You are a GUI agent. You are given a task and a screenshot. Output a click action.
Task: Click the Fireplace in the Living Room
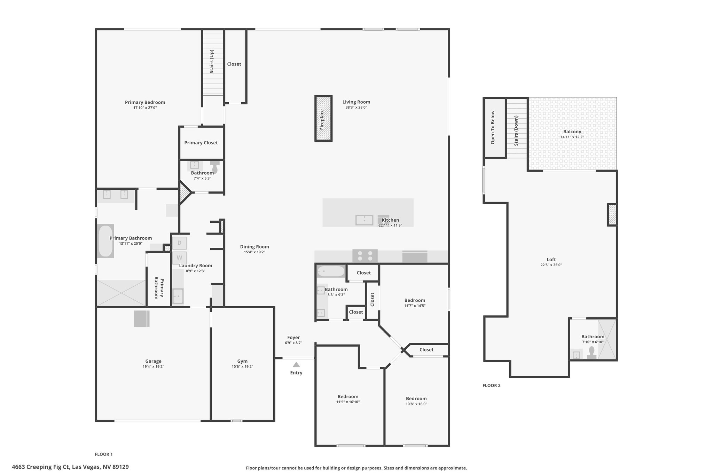(x=323, y=118)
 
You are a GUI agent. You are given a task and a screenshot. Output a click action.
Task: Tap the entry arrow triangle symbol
(x=296, y=365)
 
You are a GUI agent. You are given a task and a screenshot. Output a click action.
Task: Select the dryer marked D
(x=180, y=243)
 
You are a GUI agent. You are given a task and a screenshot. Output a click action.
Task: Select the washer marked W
(x=180, y=258)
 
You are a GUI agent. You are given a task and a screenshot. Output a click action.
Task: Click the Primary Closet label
(x=201, y=143)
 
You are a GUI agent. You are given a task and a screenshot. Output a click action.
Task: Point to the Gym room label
(x=242, y=361)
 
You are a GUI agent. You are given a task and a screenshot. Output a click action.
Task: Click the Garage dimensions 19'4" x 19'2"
(x=153, y=366)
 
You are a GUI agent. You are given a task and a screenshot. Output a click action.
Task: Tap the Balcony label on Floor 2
(x=572, y=132)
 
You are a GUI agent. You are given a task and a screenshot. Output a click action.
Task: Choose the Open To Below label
(x=493, y=127)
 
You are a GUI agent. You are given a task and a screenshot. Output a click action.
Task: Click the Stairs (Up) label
(x=212, y=61)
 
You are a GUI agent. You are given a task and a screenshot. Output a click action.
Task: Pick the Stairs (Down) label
(x=516, y=130)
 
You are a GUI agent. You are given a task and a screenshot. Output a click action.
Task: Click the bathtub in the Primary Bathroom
(x=105, y=241)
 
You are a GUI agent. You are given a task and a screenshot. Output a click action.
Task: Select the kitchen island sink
(x=364, y=220)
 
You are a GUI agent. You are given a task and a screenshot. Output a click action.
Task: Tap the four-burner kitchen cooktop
(x=365, y=256)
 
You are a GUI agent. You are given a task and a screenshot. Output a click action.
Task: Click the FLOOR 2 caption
(x=491, y=386)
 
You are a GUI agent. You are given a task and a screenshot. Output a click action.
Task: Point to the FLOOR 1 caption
(x=104, y=454)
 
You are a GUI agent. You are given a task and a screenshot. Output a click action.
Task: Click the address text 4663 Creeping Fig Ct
(x=41, y=467)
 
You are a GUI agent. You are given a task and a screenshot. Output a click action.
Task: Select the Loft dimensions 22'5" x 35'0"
(x=551, y=265)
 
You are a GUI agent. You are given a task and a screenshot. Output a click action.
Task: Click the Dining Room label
(x=254, y=247)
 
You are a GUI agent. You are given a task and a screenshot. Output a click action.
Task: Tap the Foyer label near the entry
(x=293, y=338)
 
